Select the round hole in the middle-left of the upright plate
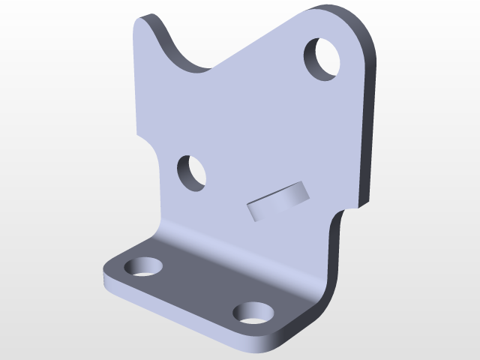(192, 172)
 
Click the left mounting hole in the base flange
(142, 266)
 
